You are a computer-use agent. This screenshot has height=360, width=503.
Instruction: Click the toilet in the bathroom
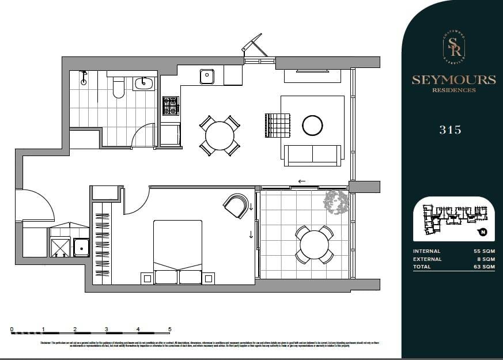(x=119, y=88)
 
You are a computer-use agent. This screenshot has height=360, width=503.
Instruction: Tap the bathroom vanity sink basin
(x=143, y=84)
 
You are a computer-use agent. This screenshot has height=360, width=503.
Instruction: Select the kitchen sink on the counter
(x=207, y=76)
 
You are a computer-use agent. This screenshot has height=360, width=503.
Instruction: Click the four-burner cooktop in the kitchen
(x=171, y=105)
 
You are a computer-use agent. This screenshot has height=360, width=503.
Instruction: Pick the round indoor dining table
(x=220, y=136)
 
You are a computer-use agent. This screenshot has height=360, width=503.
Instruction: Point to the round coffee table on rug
(x=312, y=125)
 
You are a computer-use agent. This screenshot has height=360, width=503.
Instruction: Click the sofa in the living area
(x=313, y=155)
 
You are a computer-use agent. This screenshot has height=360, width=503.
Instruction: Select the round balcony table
(x=314, y=245)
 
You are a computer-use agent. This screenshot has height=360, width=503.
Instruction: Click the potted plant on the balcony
(x=336, y=202)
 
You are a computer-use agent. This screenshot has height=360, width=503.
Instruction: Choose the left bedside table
(x=147, y=278)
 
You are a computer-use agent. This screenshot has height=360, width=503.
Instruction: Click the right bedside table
(x=208, y=278)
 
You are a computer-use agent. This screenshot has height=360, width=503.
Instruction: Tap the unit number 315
(x=450, y=130)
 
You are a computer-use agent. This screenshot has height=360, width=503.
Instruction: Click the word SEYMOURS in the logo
(x=453, y=80)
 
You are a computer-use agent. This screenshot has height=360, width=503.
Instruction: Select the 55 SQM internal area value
(x=483, y=251)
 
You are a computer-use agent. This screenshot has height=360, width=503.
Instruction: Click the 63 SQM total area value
(x=483, y=267)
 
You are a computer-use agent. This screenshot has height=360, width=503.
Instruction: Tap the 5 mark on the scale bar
(x=169, y=329)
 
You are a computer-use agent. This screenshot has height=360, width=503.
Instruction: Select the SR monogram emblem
(x=453, y=46)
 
